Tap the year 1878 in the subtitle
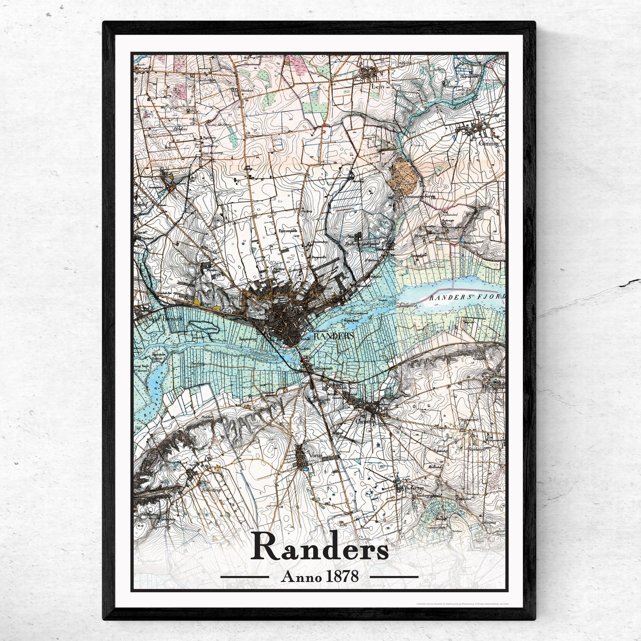pyautogui.click(x=342, y=576)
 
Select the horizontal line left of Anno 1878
pyautogui.click(x=244, y=577)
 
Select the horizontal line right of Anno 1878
pyautogui.click(x=394, y=577)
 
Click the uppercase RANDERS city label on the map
pyautogui.click(x=334, y=336)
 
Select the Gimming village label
pyautogui.click(x=488, y=143)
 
